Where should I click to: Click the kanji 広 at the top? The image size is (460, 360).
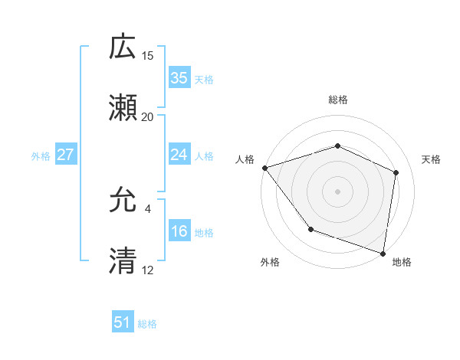pyautogui.click(x=123, y=47)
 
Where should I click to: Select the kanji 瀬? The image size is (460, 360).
pyautogui.click(x=123, y=109)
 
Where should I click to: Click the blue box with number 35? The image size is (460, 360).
pyautogui.click(x=179, y=77)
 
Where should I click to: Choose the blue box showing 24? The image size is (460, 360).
pyautogui.click(x=179, y=155)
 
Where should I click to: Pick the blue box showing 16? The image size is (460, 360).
pyautogui.click(x=179, y=231)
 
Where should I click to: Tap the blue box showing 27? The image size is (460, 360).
pyautogui.click(x=66, y=155)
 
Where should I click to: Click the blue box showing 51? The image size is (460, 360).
pyautogui.click(x=123, y=322)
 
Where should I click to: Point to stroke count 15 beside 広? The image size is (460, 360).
pyautogui.click(x=148, y=56)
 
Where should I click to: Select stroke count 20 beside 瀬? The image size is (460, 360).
pyautogui.click(x=148, y=117)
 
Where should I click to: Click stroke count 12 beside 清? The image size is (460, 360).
pyautogui.click(x=148, y=270)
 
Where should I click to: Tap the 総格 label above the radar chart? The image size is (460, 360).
pyautogui.click(x=338, y=100)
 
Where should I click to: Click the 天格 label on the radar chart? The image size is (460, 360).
pyautogui.click(x=431, y=159)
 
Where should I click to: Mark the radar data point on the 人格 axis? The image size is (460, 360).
pyautogui.click(x=264, y=168)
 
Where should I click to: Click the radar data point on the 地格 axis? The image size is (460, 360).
pyautogui.click(x=383, y=253)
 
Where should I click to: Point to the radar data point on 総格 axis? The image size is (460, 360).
pyautogui.click(x=338, y=146)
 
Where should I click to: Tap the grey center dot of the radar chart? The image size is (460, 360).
pyautogui.click(x=338, y=191)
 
